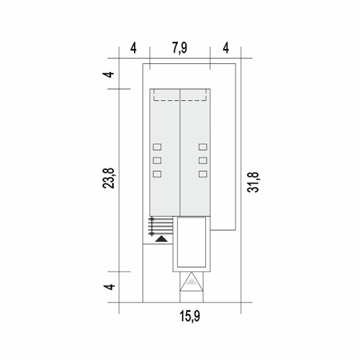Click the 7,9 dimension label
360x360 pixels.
point(179,48)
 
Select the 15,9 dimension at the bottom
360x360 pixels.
point(190,316)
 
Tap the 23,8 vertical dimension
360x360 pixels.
point(109,179)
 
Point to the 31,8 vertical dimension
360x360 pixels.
point(253,182)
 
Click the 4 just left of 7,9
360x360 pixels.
point(133,48)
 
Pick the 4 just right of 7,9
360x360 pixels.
point(226,48)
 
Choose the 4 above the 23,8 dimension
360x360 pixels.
point(109,74)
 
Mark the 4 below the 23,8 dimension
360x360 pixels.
point(109,287)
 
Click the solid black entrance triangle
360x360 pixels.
point(161,240)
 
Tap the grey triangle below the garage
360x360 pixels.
point(192,282)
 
